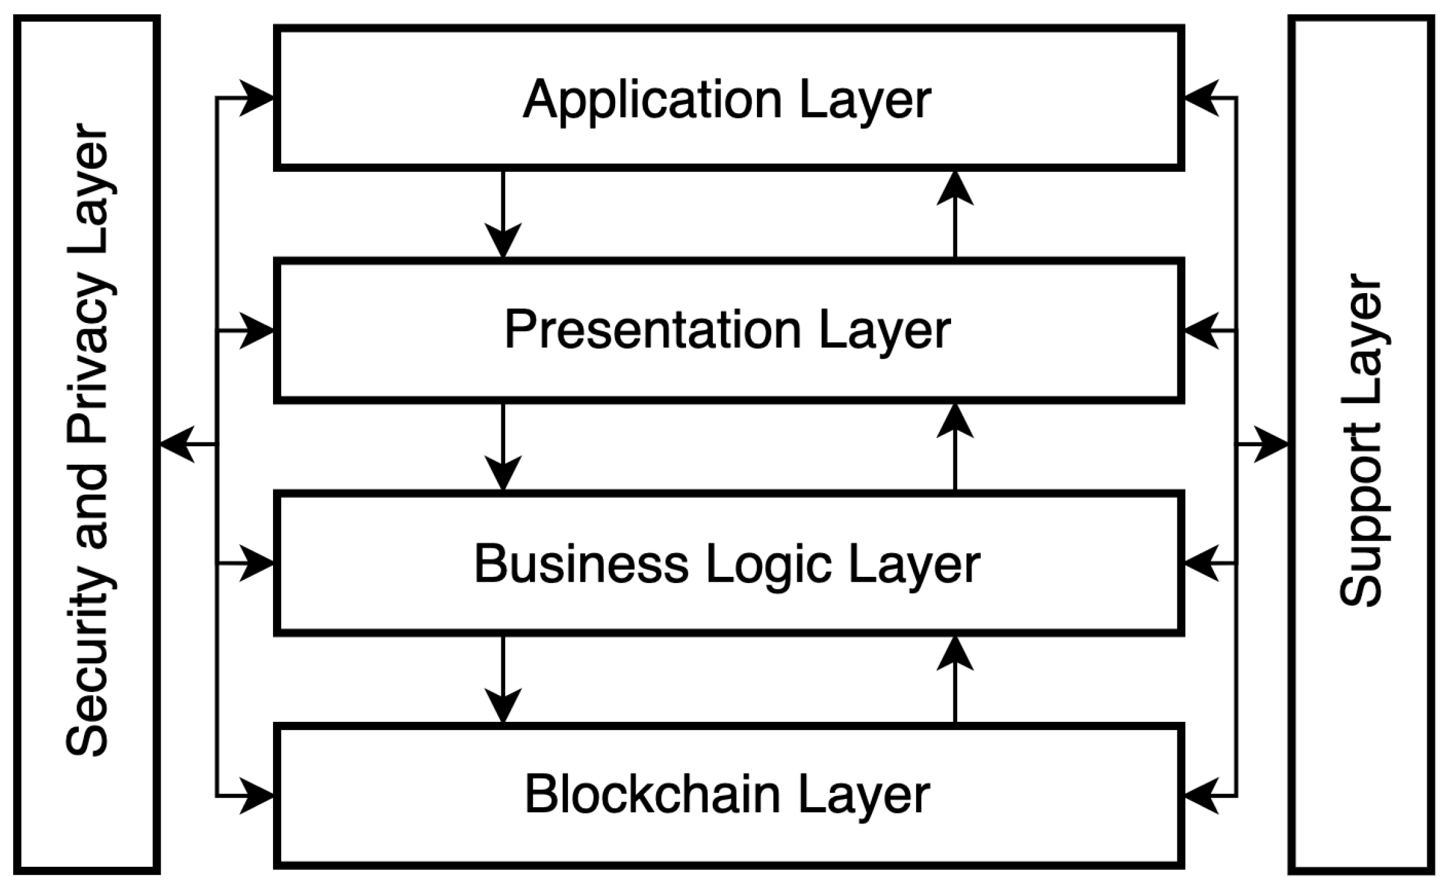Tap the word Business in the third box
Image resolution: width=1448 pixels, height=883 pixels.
click(581, 564)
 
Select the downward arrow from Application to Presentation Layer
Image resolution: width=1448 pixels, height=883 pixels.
click(503, 215)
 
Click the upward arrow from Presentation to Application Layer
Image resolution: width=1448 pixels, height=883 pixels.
click(955, 215)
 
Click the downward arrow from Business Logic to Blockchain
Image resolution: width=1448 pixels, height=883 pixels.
click(503, 680)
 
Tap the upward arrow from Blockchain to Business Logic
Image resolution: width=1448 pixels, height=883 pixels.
click(955, 680)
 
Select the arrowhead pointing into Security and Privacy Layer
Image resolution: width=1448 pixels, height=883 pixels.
click(177, 444)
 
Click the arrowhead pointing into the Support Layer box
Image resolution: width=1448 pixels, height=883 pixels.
click(1270, 444)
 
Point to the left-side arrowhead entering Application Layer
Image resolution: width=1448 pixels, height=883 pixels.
click(256, 98)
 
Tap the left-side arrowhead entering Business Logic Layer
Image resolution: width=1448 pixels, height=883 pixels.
click(256, 564)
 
